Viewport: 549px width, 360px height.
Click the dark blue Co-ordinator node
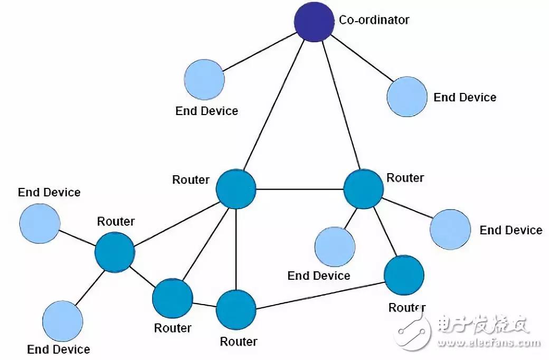(x=314, y=22)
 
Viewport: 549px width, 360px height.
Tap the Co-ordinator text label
(x=374, y=20)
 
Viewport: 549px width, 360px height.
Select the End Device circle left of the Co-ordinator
(x=205, y=79)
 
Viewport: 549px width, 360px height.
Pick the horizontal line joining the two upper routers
(x=299, y=189)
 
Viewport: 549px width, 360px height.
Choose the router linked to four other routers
(x=236, y=188)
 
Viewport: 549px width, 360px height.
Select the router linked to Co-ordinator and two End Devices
(x=363, y=189)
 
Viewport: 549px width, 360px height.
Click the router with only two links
(x=404, y=275)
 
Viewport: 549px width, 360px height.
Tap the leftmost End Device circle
(x=40, y=223)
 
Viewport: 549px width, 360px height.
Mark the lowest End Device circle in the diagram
(x=62, y=320)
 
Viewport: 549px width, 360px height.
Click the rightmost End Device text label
(x=510, y=230)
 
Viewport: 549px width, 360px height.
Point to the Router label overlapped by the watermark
(x=406, y=307)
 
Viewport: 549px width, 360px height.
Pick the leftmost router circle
(x=115, y=252)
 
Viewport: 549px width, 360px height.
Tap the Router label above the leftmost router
(x=116, y=221)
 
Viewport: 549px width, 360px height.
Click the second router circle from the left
(x=172, y=298)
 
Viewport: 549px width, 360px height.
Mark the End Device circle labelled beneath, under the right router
(x=334, y=247)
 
